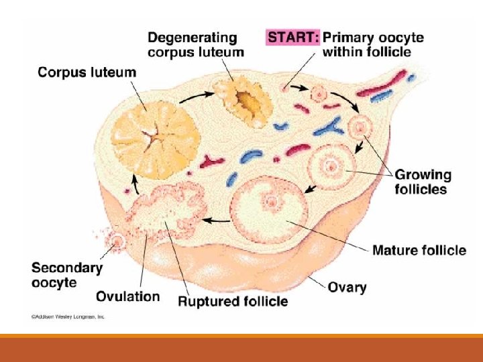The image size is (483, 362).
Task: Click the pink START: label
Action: click(x=293, y=37)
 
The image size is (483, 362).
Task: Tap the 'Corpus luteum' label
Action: click(x=87, y=71)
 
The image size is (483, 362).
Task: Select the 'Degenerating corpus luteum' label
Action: click(x=196, y=44)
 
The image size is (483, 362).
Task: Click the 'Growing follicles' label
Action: click(x=422, y=182)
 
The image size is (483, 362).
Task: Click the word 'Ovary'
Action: click(x=346, y=287)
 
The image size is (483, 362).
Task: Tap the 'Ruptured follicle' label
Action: click(x=232, y=301)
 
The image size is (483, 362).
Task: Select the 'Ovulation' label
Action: click(x=128, y=296)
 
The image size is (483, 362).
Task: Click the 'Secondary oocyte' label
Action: click(x=66, y=275)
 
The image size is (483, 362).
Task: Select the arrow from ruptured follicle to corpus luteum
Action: click(x=133, y=181)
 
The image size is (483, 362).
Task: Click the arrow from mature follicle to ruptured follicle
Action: click(x=217, y=219)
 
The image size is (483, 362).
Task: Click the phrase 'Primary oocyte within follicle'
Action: click(x=373, y=44)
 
